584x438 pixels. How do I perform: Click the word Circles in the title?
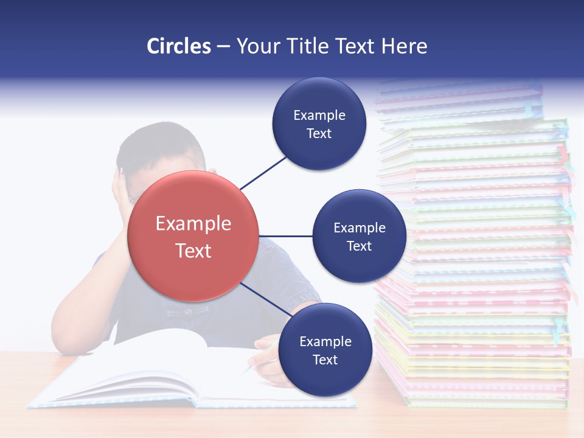[x=178, y=46]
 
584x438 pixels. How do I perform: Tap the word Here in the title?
[x=404, y=46]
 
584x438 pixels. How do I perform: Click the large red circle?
[x=193, y=236]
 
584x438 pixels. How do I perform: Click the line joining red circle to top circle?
[x=263, y=172]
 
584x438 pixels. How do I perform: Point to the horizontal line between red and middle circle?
[x=285, y=236]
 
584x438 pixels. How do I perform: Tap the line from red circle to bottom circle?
[x=265, y=299]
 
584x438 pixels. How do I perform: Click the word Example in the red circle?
[x=193, y=224]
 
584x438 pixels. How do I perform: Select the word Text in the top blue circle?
[x=319, y=134]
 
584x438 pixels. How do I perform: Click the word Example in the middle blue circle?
[x=359, y=228]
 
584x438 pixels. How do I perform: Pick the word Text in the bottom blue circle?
[x=325, y=360]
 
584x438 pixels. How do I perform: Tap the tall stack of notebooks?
[x=474, y=255]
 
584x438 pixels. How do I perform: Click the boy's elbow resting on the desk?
[x=70, y=341]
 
